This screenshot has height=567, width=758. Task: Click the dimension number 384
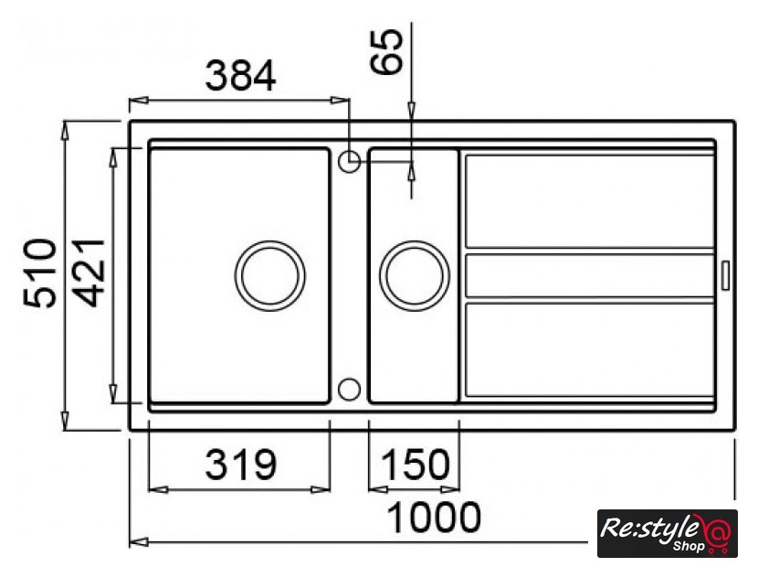click(240, 76)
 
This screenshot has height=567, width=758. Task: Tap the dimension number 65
click(386, 52)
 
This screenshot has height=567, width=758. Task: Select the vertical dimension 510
click(39, 273)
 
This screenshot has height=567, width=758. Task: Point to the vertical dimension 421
click(90, 273)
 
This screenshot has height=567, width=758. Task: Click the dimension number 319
click(240, 465)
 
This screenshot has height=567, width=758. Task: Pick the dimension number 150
click(415, 465)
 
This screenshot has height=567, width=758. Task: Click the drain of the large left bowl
click(269, 275)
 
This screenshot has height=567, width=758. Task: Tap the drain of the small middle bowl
click(415, 275)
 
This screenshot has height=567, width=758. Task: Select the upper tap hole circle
click(349, 162)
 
